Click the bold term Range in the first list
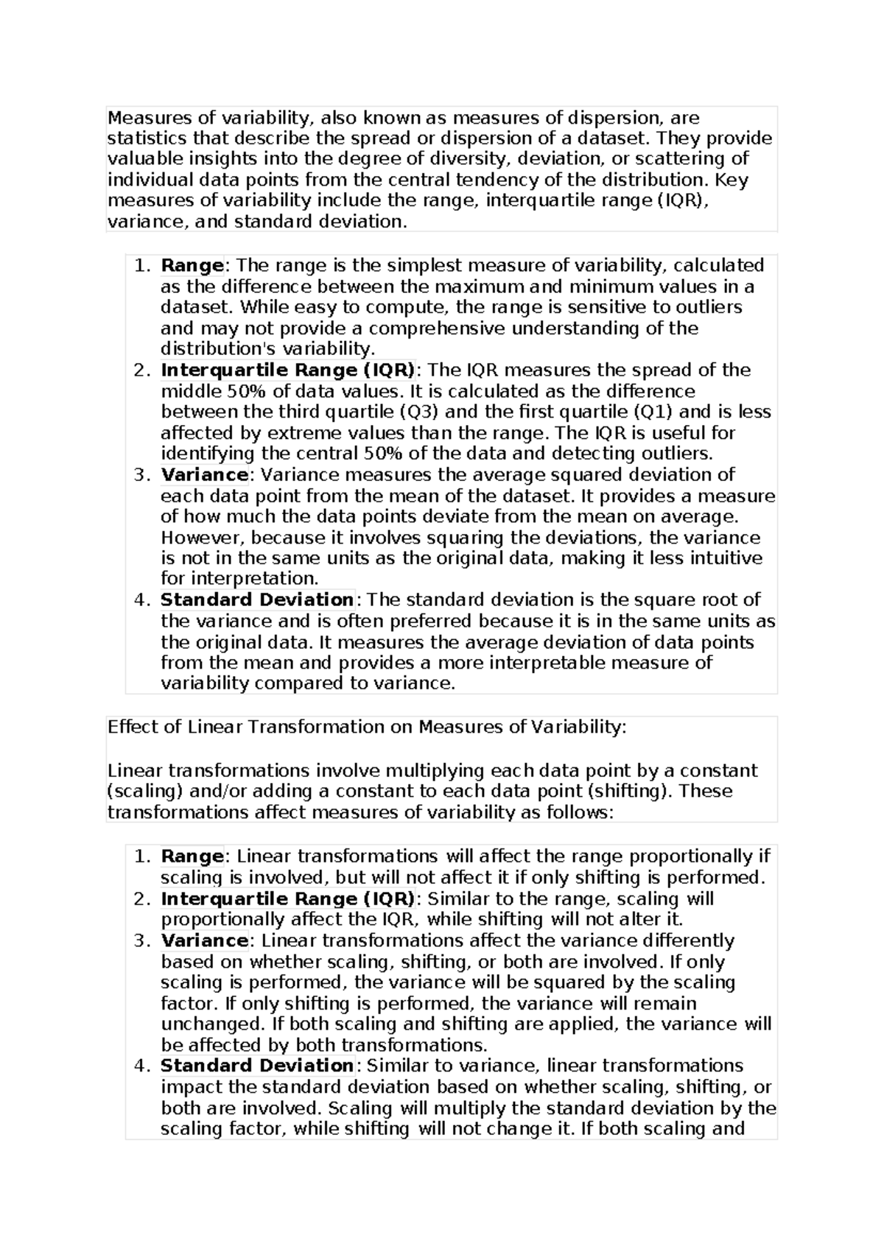192,265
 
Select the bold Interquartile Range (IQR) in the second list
287,898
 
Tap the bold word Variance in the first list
204,474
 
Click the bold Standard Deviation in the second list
257,1066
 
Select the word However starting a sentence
195,538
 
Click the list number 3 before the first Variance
141,474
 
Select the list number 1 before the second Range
141,856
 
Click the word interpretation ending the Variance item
239,579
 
